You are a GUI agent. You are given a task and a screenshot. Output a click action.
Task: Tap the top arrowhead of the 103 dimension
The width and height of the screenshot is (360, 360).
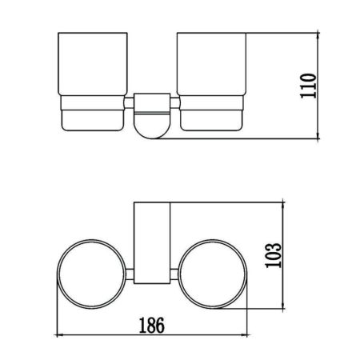pos(286,206)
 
